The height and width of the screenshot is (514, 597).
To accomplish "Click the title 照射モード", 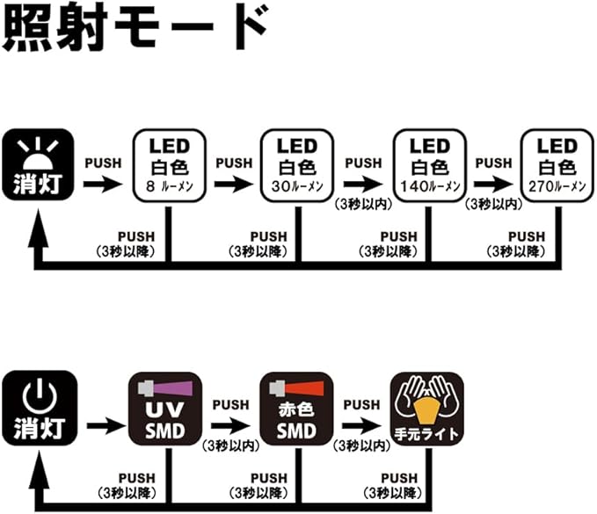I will pyautogui.click(x=134, y=32).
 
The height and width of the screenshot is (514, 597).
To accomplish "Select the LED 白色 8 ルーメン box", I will pyautogui.click(x=169, y=165).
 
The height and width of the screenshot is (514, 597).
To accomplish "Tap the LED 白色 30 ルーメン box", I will pyautogui.click(x=298, y=165).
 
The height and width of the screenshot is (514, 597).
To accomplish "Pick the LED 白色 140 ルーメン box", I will pyautogui.click(x=428, y=165).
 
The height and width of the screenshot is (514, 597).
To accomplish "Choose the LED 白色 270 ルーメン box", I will pyautogui.click(x=557, y=165).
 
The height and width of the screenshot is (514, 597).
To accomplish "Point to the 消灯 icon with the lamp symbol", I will pyautogui.click(x=39, y=165).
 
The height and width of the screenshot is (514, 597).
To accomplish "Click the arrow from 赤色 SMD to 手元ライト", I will pyautogui.click(x=363, y=425).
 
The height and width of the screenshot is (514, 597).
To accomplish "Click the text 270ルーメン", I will pyautogui.click(x=557, y=187).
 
